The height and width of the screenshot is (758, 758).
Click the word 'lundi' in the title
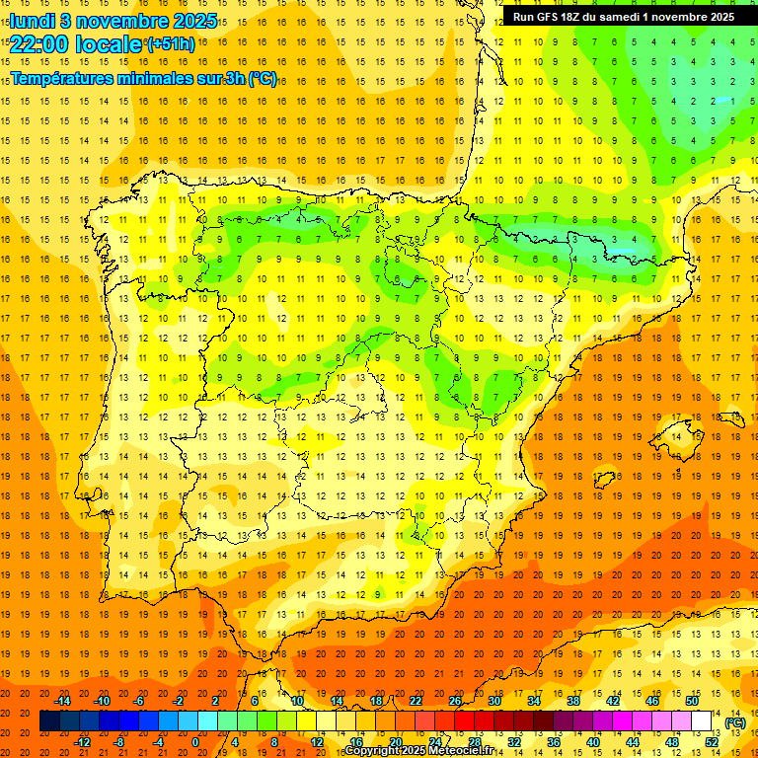pos(33,21)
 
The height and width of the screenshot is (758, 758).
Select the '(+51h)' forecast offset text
pos(171,44)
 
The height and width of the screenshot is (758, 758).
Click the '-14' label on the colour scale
pos(63,701)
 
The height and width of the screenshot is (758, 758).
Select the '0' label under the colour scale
pos(195,742)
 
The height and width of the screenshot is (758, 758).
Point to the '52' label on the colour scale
pos(711,742)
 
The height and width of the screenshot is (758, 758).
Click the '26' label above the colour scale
pos(455,701)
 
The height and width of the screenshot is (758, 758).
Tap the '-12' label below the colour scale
pos(83,742)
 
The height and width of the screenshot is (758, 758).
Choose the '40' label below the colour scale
pos(593,742)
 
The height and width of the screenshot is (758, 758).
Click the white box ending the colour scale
pos(702,721)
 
